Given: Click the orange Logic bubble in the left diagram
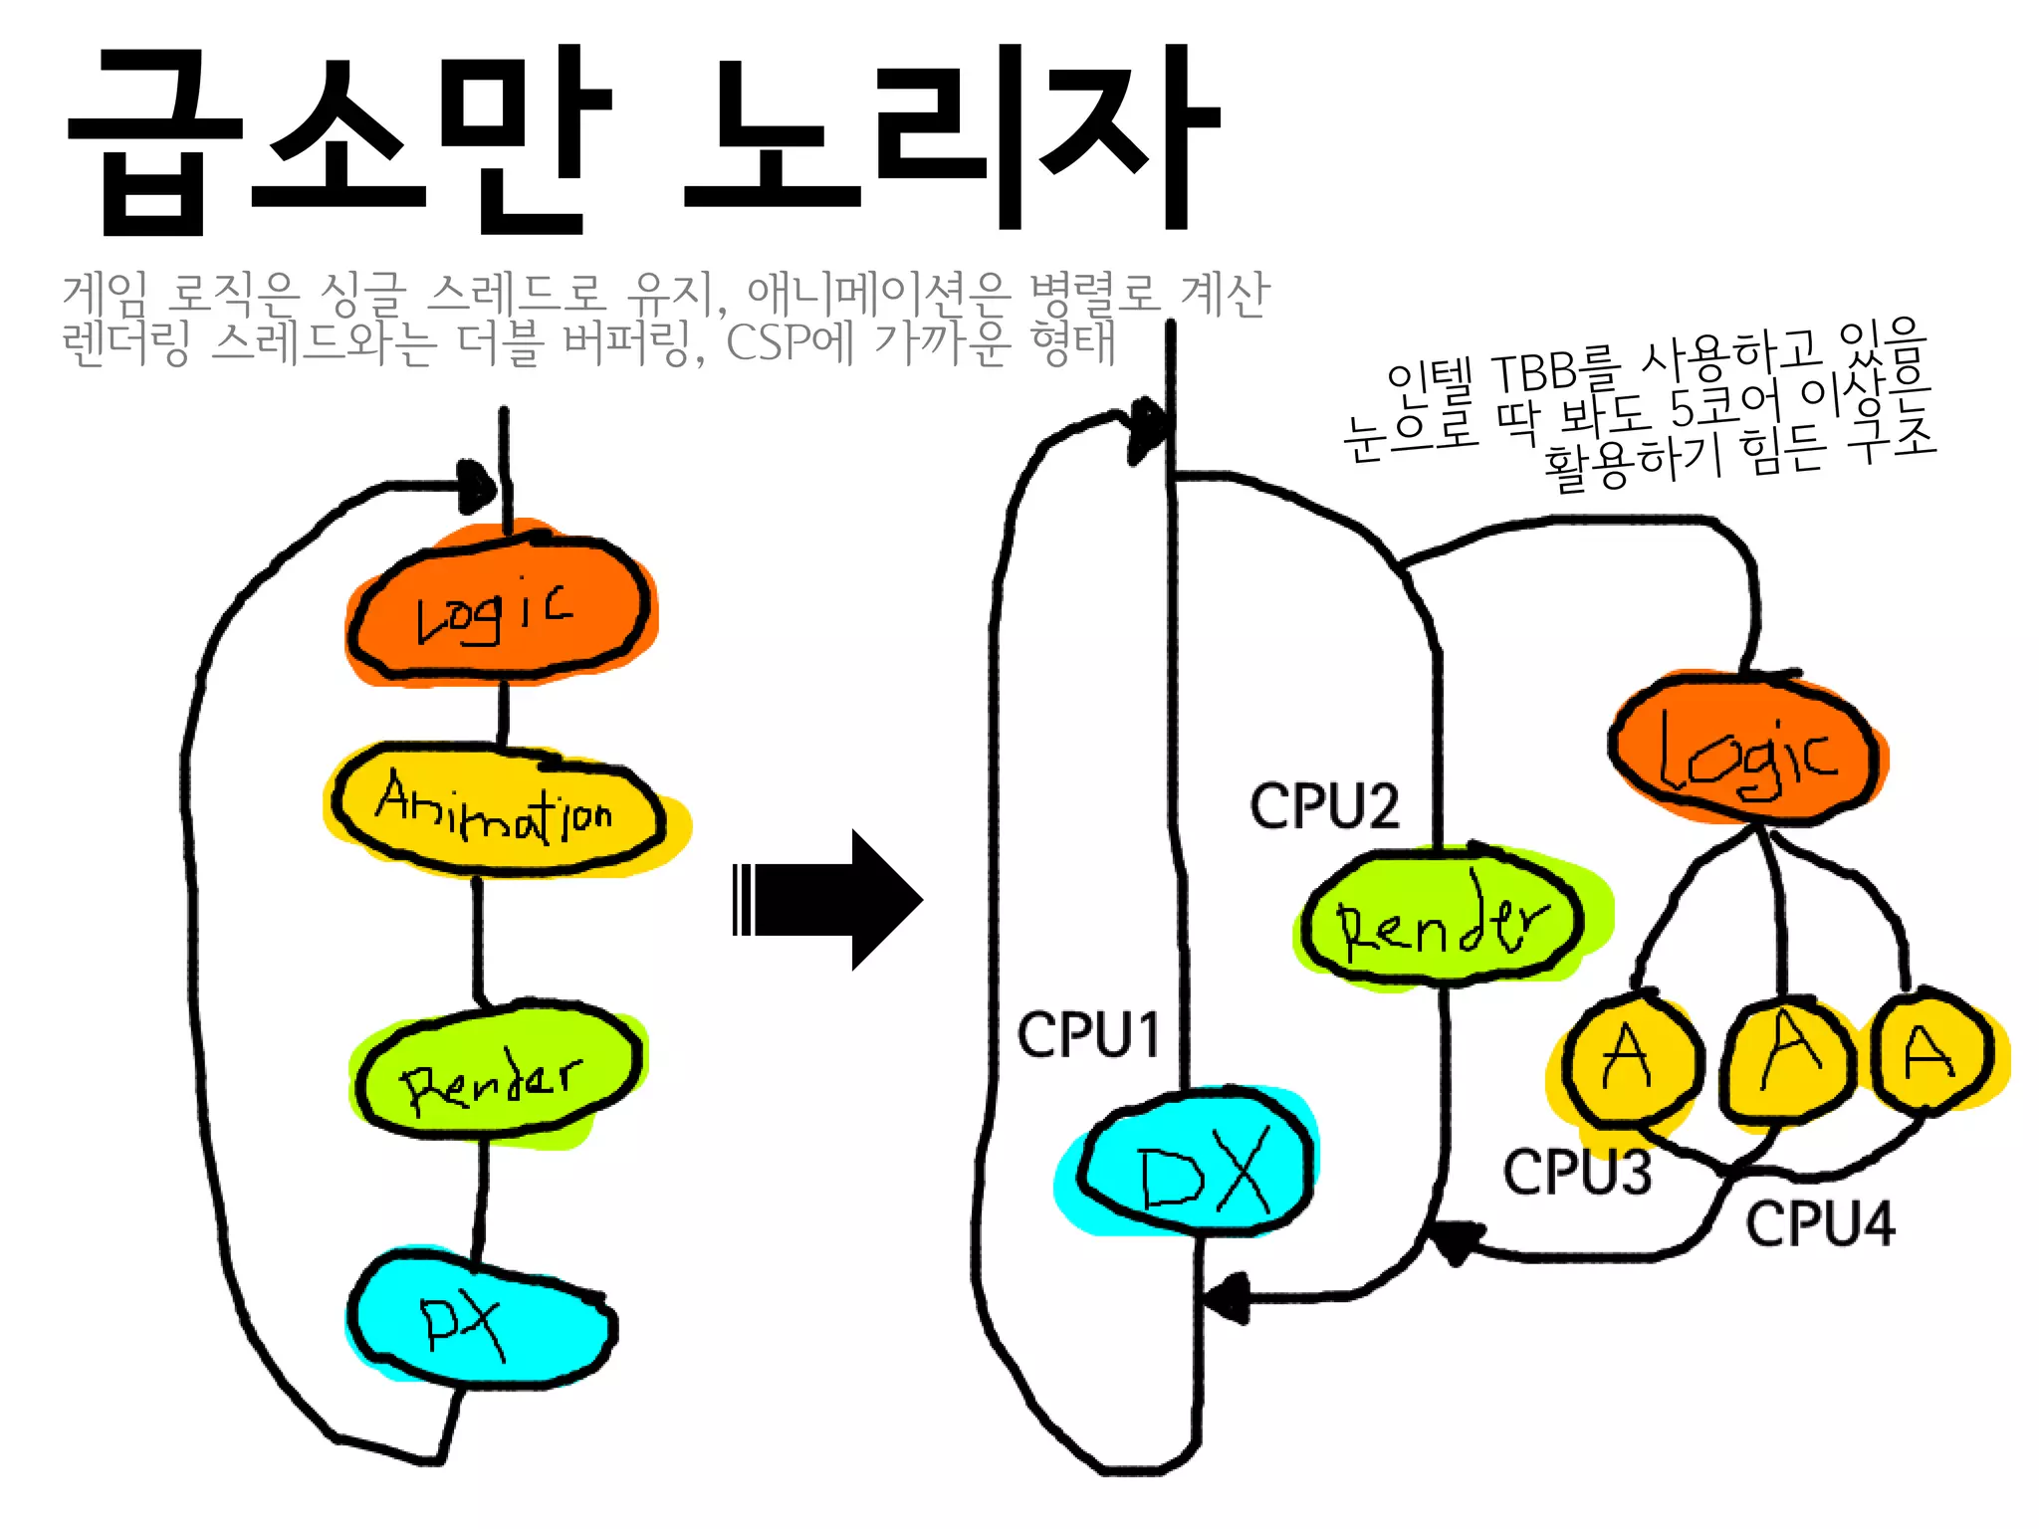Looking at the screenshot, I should pos(501,608).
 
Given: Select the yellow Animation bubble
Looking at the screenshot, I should pos(498,811).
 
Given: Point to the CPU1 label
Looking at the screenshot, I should pos(1088,1035).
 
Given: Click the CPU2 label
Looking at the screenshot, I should pos(1324,806).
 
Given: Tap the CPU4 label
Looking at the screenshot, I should pos(1819,1223).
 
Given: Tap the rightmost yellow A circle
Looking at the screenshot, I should pos(1931,1053).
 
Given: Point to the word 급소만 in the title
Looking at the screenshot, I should pos(339,139).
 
